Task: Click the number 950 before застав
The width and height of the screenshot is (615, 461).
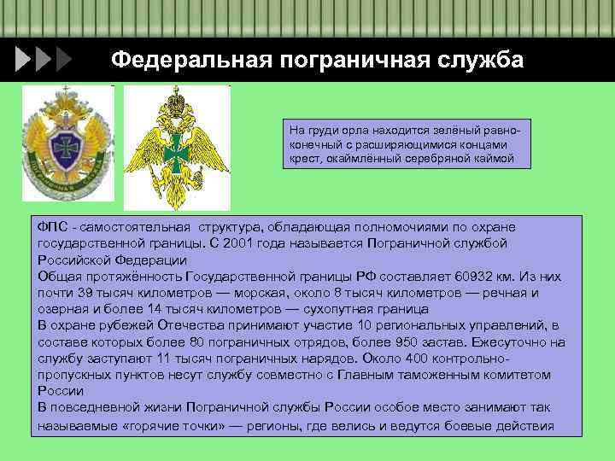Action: pyautogui.click(x=366, y=341)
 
